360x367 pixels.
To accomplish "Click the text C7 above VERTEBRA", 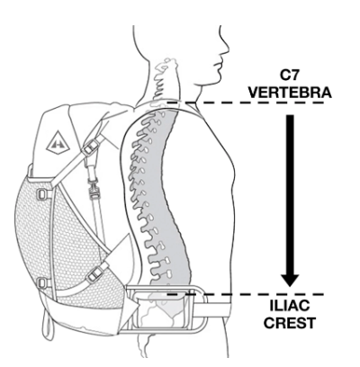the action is tap(290, 76).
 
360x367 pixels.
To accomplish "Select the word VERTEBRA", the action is tap(290, 93).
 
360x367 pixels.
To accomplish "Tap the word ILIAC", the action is tap(290, 307).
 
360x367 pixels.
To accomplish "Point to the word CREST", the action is tap(290, 323).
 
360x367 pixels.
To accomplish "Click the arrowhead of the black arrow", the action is tap(290, 280).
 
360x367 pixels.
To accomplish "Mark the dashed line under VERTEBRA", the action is tap(246, 103).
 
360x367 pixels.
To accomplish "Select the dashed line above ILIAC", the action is tap(246, 294).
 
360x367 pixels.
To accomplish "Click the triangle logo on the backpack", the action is tap(58, 141).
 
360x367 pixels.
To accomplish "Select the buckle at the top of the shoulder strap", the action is tap(90, 146).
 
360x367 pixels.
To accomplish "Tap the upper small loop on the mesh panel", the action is tap(41, 194).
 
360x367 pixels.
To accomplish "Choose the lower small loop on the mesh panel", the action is tap(41, 283).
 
